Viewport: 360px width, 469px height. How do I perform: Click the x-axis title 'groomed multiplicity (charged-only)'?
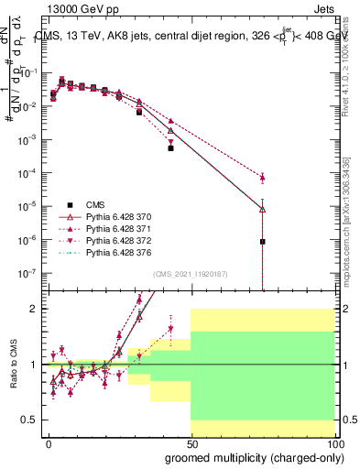249,457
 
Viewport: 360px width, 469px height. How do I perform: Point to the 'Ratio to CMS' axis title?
12,364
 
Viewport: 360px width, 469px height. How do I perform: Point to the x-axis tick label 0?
49,444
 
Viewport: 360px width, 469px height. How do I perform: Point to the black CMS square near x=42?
170,148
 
